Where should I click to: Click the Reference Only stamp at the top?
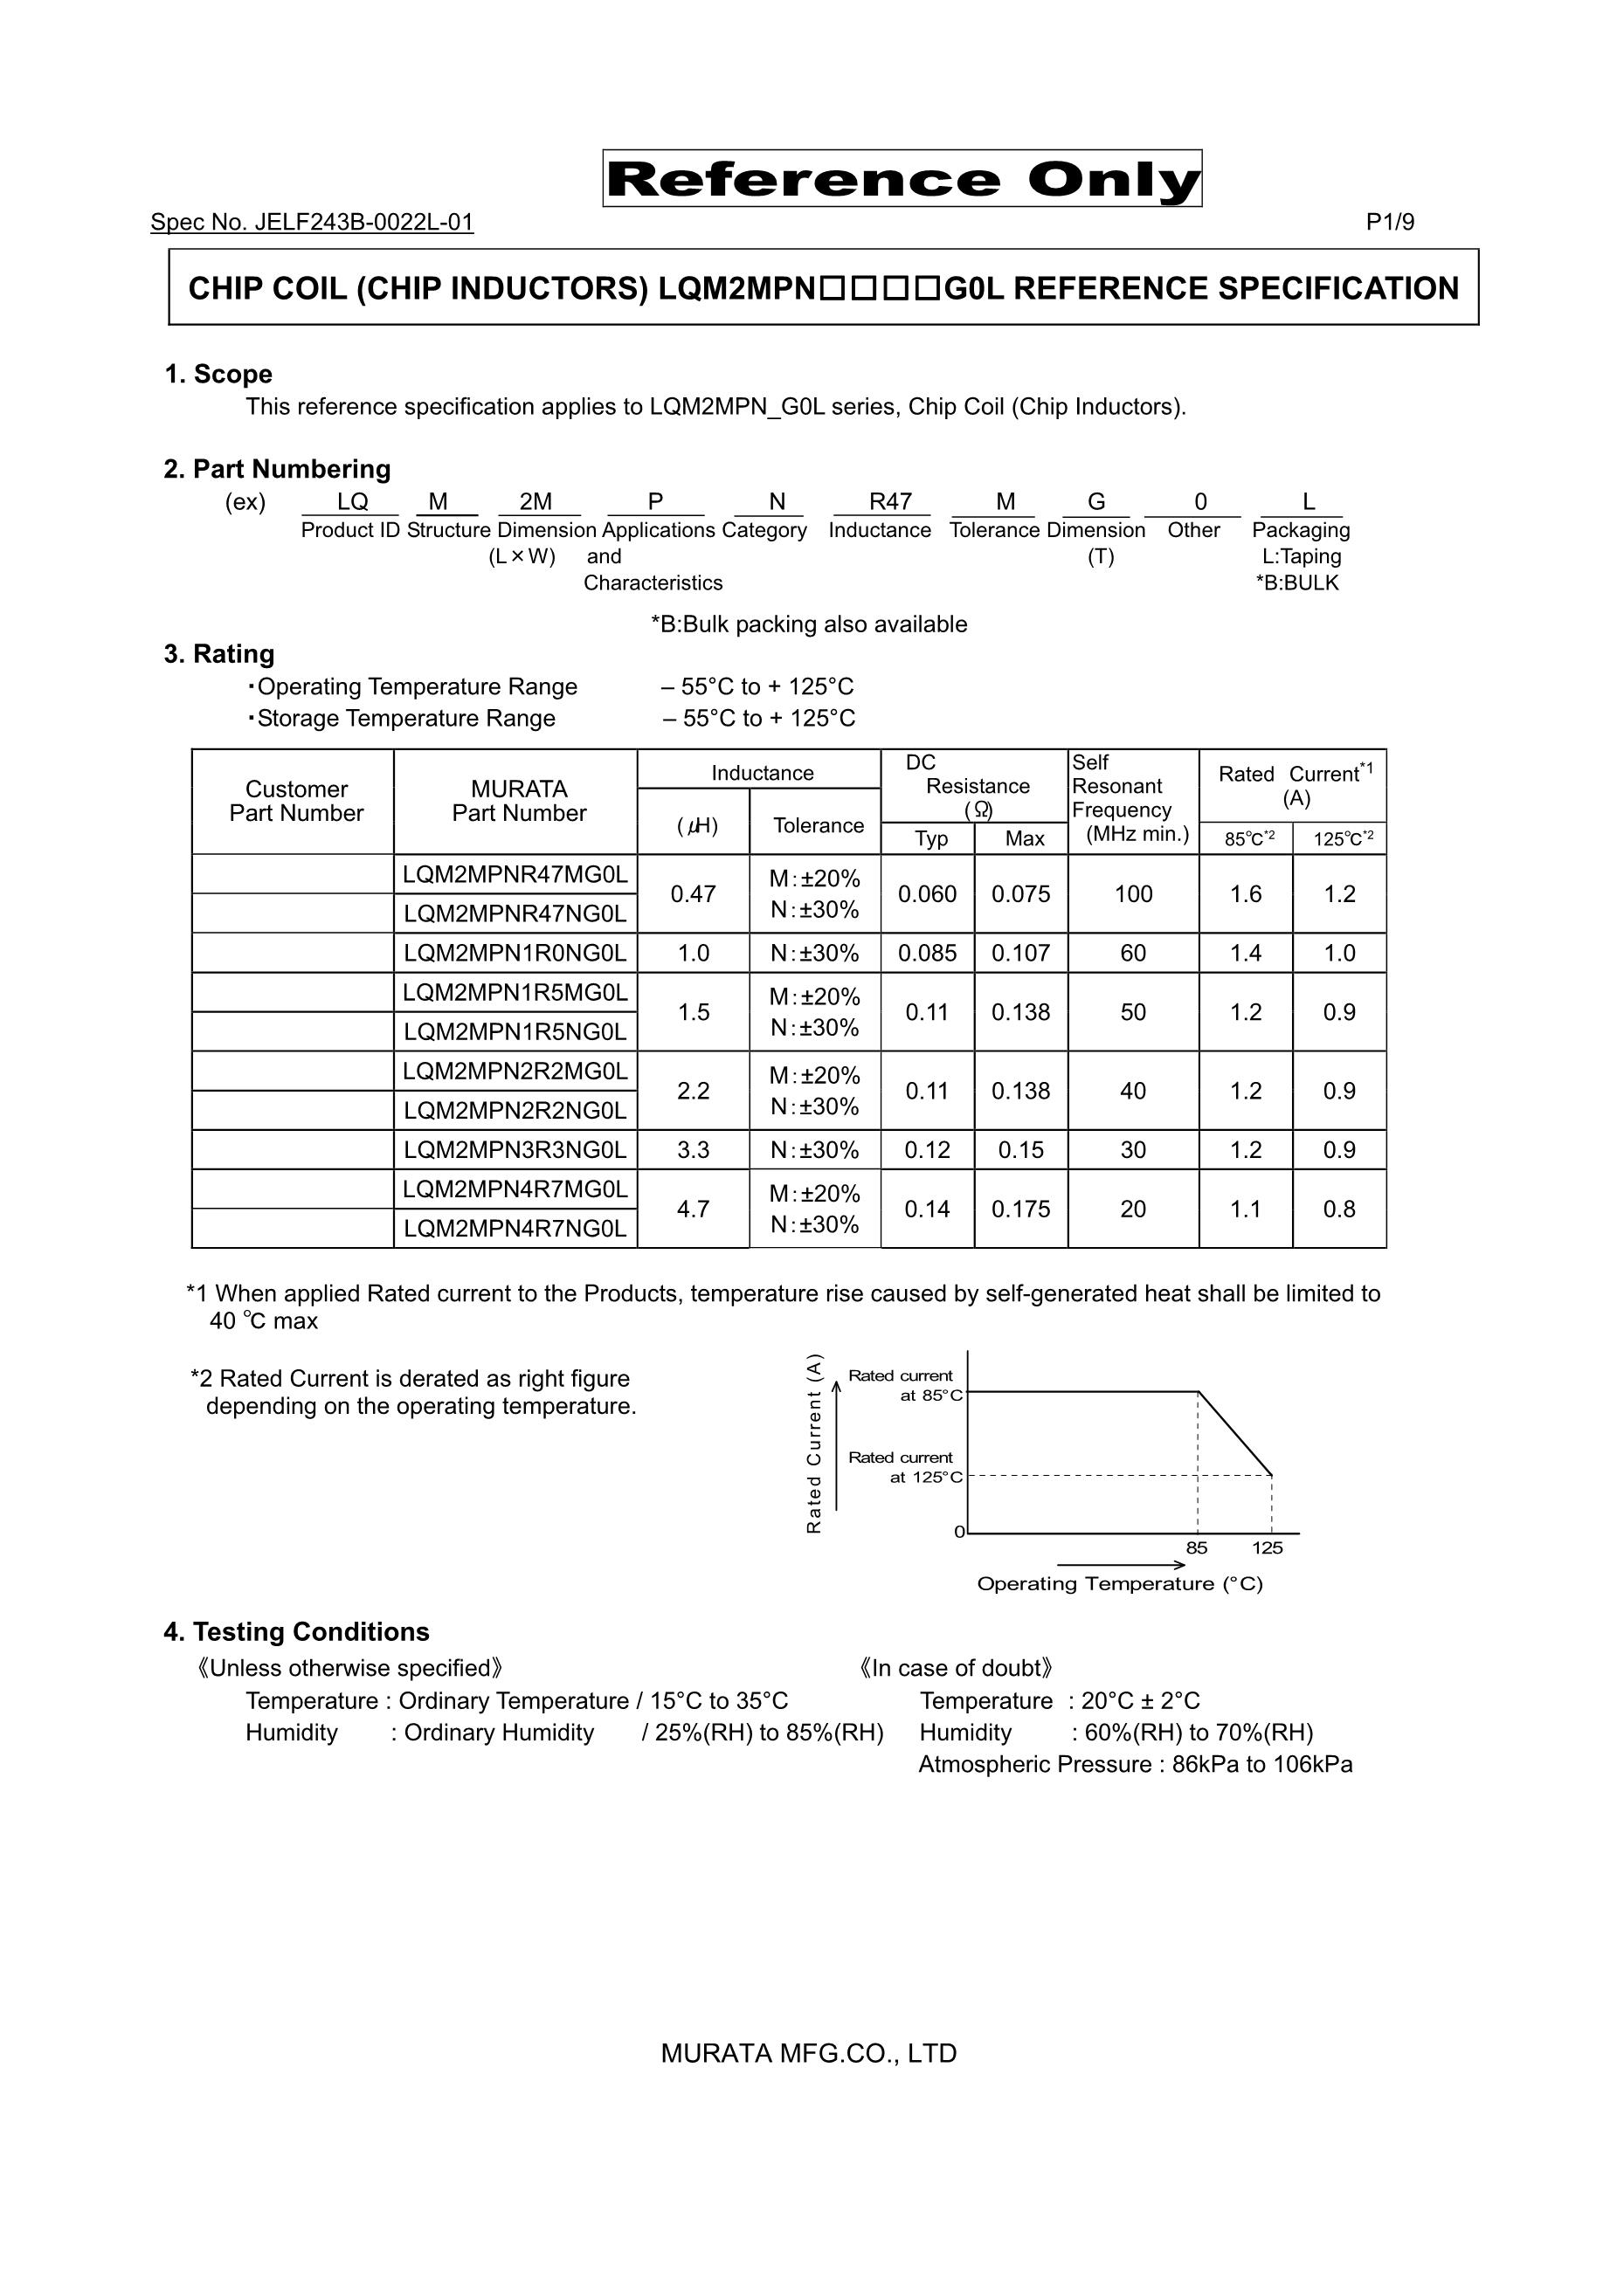point(902,179)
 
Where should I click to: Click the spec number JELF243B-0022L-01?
point(312,222)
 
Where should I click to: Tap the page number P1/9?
point(1390,222)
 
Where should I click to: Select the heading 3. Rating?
point(218,655)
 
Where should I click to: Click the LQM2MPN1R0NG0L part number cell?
point(515,954)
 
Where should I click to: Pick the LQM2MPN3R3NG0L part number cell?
point(515,1150)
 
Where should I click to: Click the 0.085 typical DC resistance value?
point(927,954)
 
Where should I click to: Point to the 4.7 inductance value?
point(693,1209)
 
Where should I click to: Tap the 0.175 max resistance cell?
point(1021,1209)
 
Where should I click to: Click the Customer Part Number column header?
point(296,801)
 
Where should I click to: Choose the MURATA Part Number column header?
point(518,801)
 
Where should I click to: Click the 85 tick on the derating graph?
point(1196,1547)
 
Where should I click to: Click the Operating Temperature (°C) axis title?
point(1120,1583)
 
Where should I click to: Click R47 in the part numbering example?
point(890,502)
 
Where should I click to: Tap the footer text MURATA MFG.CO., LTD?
point(809,2054)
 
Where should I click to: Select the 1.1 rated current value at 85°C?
point(1245,1209)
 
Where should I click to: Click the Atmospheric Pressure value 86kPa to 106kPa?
point(1262,1765)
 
